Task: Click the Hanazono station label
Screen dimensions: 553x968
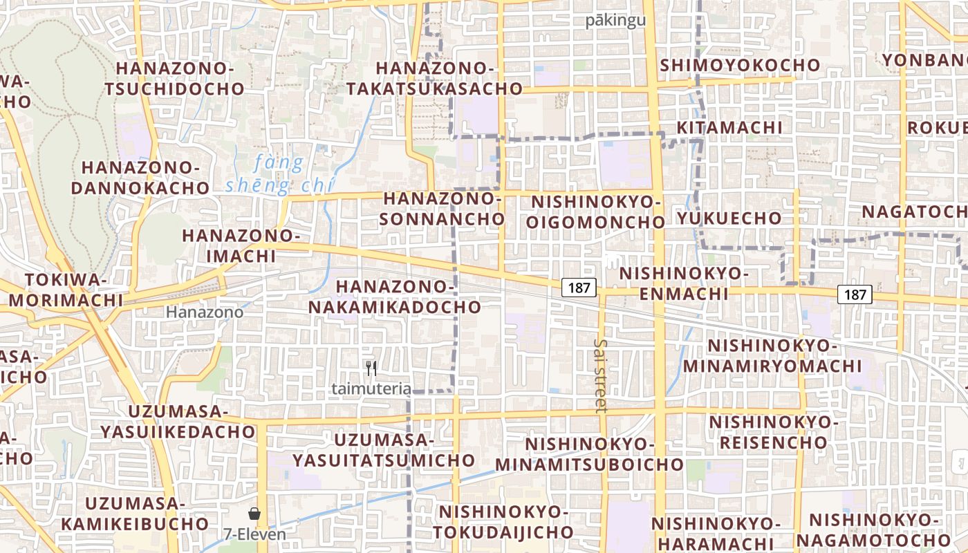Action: click(x=205, y=312)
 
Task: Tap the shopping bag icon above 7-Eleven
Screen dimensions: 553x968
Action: click(x=254, y=514)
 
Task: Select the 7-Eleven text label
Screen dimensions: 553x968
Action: click(x=254, y=534)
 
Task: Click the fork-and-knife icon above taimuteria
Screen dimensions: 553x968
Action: click(x=371, y=368)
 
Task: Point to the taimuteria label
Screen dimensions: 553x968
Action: click(x=371, y=388)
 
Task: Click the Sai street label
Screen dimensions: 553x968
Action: click(x=600, y=375)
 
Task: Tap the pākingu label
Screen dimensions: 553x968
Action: click(x=615, y=20)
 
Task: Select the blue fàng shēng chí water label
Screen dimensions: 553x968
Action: click(x=279, y=175)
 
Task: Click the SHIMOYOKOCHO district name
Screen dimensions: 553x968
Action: click(x=740, y=65)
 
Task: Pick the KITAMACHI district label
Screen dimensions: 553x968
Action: click(x=729, y=128)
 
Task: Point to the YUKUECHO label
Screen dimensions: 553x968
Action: click(x=729, y=218)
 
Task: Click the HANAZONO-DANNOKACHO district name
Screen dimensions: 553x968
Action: click(x=145, y=178)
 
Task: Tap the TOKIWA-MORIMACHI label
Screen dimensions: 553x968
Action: click(x=66, y=290)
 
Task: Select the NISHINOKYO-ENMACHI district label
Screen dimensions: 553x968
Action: click(x=683, y=283)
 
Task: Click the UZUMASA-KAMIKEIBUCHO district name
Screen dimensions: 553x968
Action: click(x=135, y=514)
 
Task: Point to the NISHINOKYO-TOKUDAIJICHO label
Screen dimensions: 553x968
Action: click(x=503, y=522)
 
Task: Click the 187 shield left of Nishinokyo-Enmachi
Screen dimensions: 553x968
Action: click(x=579, y=288)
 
